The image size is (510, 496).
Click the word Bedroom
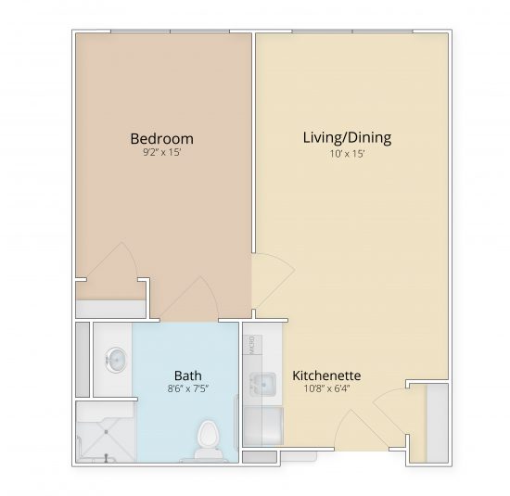(161, 139)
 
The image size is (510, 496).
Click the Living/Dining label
(347, 137)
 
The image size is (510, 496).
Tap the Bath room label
(188, 375)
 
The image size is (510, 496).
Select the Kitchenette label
(326, 375)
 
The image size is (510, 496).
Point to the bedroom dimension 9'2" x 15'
(161, 154)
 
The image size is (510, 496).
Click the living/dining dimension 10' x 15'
(347, 153)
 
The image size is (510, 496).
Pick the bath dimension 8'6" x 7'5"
(188, 389)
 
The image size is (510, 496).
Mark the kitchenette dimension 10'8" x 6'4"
(326, 389)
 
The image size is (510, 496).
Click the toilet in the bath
(208, 436)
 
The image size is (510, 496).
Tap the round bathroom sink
(116, 358)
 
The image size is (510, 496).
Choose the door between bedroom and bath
(193, 299)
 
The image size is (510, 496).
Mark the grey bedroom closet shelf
(109, 309)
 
